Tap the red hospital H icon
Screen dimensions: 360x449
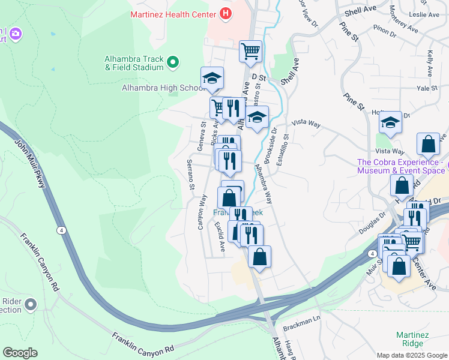226,13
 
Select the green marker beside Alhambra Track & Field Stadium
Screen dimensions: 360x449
173,62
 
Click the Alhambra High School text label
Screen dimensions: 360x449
155,88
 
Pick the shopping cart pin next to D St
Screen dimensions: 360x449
250,51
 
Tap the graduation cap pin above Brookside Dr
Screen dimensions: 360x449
257,117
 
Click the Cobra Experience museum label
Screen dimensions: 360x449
400,166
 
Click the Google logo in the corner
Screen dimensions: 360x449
20,353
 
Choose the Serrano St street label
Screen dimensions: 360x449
190,175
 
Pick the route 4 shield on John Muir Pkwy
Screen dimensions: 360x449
62,230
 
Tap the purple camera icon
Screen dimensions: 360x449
15,35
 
